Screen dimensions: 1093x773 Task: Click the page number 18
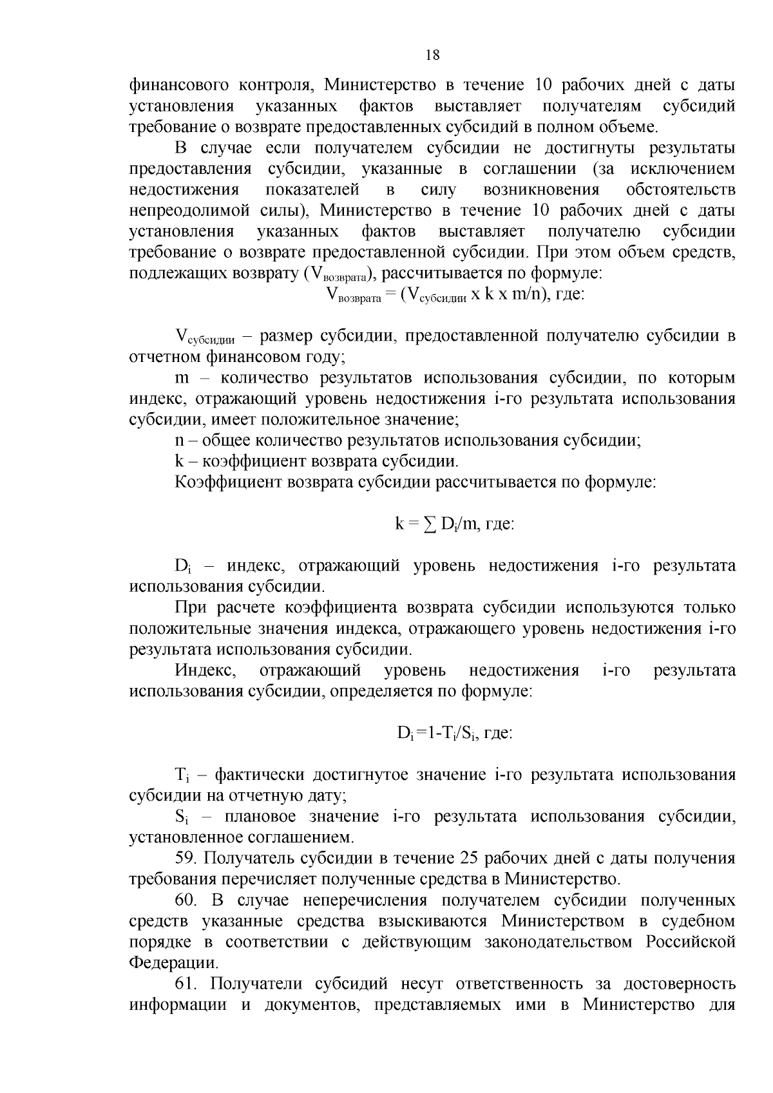(x=432, y=55)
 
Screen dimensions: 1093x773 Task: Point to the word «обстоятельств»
(x=680, y=190)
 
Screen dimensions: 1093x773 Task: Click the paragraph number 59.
(x=186, y=859)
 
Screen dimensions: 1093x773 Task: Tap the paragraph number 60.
(x=186, y=900)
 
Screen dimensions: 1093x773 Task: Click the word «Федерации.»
(x=173, y=964)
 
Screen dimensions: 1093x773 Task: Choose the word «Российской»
(x=691, y=942)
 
